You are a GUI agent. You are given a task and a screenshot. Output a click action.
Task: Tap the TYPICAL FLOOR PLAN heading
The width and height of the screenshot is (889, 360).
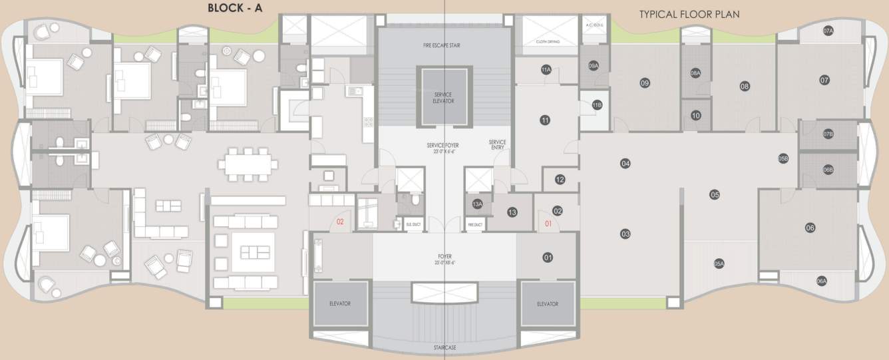(689, 14)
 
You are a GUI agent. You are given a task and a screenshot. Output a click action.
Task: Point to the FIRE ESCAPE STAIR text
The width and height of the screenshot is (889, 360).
(442, 45)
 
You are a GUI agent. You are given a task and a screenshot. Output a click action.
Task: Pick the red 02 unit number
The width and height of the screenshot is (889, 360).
(339, 223)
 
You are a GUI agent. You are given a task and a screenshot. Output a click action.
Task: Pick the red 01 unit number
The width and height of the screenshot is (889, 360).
(549, 224)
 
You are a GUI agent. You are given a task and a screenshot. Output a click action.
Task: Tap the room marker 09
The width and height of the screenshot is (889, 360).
(644, 83)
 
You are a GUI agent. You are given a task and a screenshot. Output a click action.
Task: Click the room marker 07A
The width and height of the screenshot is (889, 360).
(828, 31)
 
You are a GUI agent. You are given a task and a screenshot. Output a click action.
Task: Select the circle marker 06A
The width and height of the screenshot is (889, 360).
(822, 281)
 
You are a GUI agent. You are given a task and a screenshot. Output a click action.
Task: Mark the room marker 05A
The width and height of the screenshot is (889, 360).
(719, 263)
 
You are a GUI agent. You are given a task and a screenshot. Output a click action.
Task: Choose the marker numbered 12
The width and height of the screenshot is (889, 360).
(560, 180)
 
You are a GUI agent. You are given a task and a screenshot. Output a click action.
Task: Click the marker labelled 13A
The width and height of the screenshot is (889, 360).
(477, 205)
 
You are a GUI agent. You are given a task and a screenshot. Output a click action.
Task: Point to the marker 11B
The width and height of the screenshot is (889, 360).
(597, 105)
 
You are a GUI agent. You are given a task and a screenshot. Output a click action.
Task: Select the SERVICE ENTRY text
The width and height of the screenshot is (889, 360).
(497, 144)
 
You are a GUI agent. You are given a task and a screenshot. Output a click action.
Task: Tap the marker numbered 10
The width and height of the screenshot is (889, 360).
(696, 115)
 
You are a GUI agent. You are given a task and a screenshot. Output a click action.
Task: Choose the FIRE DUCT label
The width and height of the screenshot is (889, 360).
(474, 225)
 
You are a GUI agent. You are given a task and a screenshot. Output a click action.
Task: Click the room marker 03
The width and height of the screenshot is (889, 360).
(625, 234)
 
